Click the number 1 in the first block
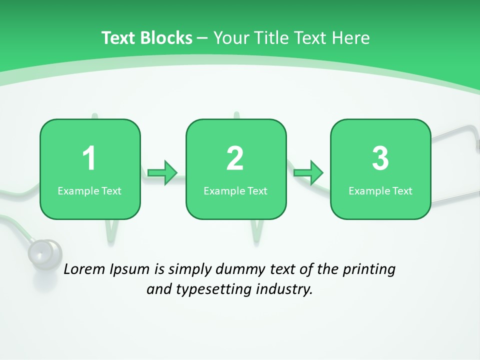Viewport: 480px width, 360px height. [x=89, y=158]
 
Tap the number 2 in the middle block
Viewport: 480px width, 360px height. [x=235, y=158]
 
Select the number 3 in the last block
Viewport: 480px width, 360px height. [x=380, y=158]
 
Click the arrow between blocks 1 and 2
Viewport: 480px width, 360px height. [x=163, y=173]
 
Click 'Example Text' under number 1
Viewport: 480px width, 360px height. [x=89, y=191]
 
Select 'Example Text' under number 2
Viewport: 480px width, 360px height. [x=235, y=191]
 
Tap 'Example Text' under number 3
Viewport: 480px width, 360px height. [x=380, y=191]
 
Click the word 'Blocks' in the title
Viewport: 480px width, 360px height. [x=166, y=38]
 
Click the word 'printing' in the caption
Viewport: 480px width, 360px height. [x=368, y=270]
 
